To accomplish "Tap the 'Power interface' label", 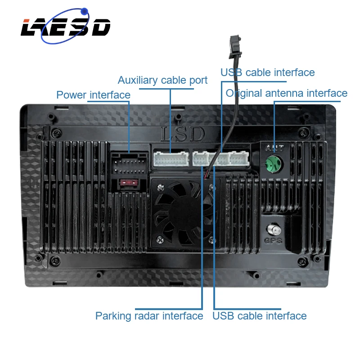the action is tap(93, 95).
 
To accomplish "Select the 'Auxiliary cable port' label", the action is tap(162, 80).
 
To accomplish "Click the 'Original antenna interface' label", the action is tap(286, 93).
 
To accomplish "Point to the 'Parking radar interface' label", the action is tap(149, 316).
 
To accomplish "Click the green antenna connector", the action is tap(274, 162).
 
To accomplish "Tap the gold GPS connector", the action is tap(273, 229).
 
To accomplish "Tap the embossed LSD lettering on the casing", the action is tap(182, 134).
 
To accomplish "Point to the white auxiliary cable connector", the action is tap(171, 158).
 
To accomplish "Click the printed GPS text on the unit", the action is tap(273, 241).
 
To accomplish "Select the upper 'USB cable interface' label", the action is tap(267, 72).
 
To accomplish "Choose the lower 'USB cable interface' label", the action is tap(259, 316).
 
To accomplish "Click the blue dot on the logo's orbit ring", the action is tap(83, 11).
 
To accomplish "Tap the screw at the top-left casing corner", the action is tap(54, 132).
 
